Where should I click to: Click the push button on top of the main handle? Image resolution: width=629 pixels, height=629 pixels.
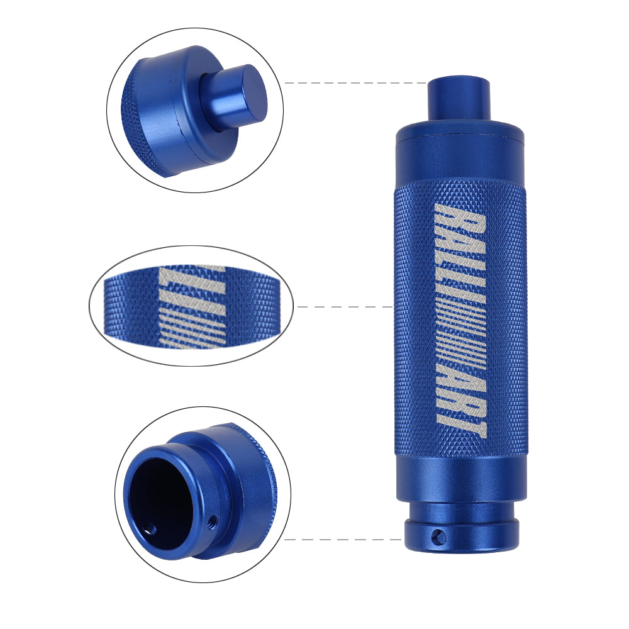tap(459, 97)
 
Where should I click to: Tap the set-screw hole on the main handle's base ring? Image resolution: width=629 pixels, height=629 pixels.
tap(438, 537)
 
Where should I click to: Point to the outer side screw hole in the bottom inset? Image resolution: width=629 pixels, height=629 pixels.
tap(213, 520)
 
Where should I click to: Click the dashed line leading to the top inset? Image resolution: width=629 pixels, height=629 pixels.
tap(355, 83)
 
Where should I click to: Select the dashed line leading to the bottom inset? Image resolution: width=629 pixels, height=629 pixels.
tap(343, 539)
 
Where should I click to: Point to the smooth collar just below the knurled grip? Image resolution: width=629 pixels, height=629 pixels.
tap(460, 478)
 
